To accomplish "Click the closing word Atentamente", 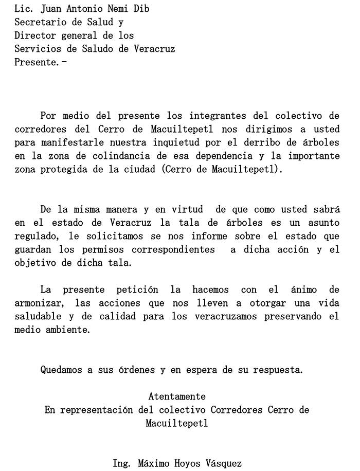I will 177,396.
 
